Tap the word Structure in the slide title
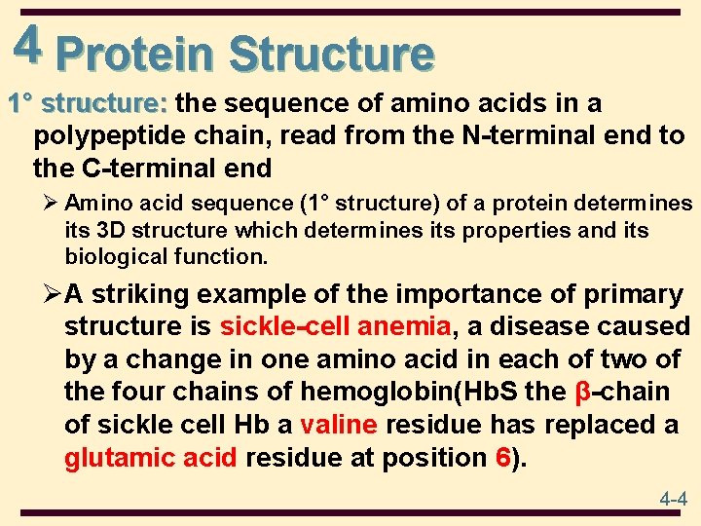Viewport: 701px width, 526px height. tap(331, 54)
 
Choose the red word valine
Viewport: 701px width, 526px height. tap(340, 426)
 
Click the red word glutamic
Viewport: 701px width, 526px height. tap(119, 458)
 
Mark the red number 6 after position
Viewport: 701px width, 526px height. tap(502, 458)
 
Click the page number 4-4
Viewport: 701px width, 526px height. tap(673, 500)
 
